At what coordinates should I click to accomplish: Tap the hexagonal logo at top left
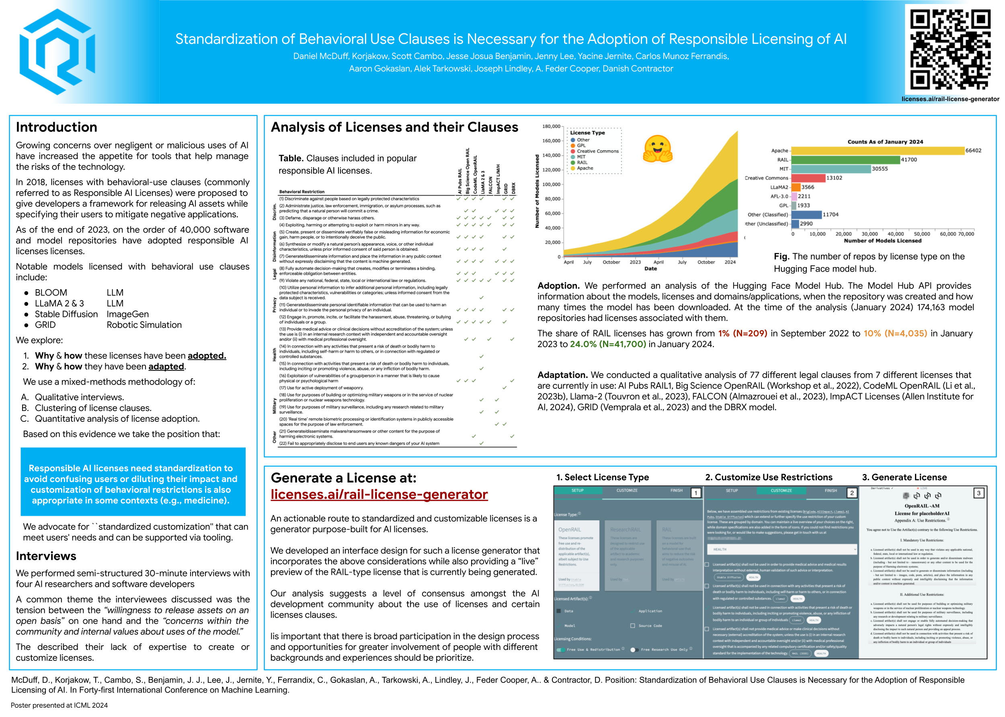click(x=57, y=52)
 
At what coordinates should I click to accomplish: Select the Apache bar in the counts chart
click(x=877, y=151)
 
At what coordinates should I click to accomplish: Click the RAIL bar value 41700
click(x=909, y=160)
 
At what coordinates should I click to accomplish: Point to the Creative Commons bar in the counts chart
click(x=808, y=178)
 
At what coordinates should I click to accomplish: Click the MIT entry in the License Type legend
click(x=581, y=157)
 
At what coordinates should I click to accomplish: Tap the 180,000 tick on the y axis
click(x=551, y=126)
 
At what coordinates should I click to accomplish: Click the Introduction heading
click(x=57, y=127)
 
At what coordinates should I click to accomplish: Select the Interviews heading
click(x=46, y=556)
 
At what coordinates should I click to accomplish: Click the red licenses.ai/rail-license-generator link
click(x=379, y=494)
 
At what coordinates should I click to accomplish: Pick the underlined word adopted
click(x=207, y=356)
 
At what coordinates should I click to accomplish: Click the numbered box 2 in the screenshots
click(x=852, y=493)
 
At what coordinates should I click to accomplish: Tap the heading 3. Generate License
click(x=904, y=477)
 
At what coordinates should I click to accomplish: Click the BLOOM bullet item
click(x=51, y=293)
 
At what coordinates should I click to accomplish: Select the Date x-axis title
click(x=650, y=268)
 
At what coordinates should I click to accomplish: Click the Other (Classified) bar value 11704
click(x=831, y=214)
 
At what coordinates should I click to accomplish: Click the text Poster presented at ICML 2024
click(x=59, y=705)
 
